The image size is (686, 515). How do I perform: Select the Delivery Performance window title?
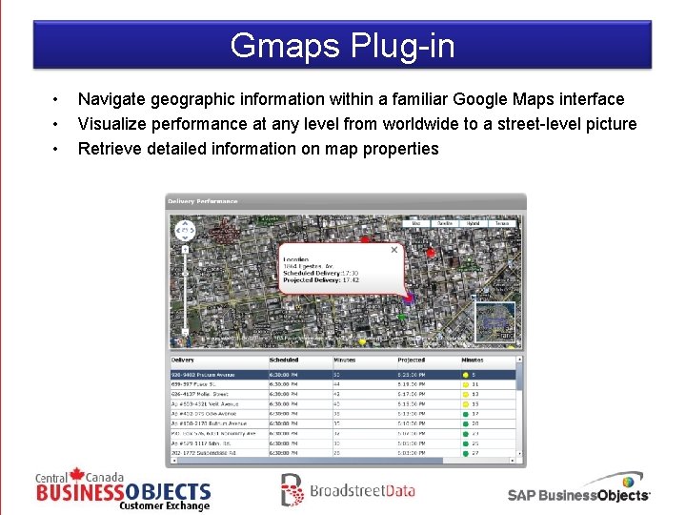[x=203, y=201]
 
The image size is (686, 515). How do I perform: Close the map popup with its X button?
[x=394, y=250]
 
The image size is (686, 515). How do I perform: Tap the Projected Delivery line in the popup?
[x=320, y=280]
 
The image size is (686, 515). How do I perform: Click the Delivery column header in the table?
[x=183, y=360]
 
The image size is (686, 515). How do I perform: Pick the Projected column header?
[x=412, y=360]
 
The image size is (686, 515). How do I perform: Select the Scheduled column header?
[x=284, y=360]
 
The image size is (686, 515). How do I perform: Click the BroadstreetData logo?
[x=348, y=490]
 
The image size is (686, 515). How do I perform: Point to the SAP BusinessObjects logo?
[x=579, y=490]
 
